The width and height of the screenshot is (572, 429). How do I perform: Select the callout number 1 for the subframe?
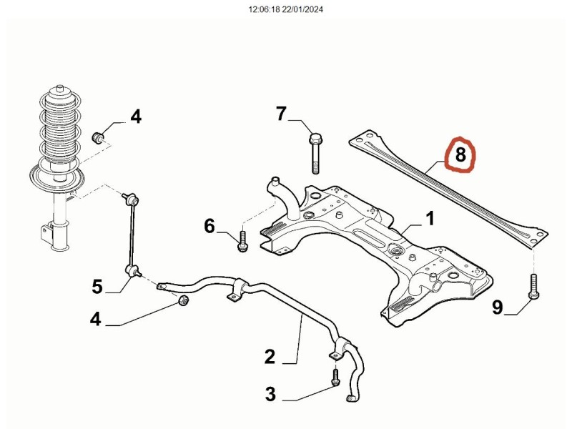pos(430,218)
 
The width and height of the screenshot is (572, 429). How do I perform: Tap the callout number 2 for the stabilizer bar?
pos(270,355)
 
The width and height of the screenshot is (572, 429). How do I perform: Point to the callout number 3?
pos(270,393)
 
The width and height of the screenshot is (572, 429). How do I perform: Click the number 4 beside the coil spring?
pos(135,116)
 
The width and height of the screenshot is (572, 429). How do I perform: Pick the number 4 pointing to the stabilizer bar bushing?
pos(95,319)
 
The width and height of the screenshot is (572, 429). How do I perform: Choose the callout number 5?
pos(97,287)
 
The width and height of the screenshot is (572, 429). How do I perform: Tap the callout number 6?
pos(209,227)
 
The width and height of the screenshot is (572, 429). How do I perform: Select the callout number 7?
pos(281,114)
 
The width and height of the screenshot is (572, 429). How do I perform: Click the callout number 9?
pos(498,307)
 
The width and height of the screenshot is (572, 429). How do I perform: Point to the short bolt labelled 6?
pos(243,240)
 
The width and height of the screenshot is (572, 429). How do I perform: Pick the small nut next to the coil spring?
pos(101,136)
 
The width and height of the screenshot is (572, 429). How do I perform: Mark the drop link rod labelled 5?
pos(132,232)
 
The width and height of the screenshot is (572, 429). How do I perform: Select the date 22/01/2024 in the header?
pos(305,10)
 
